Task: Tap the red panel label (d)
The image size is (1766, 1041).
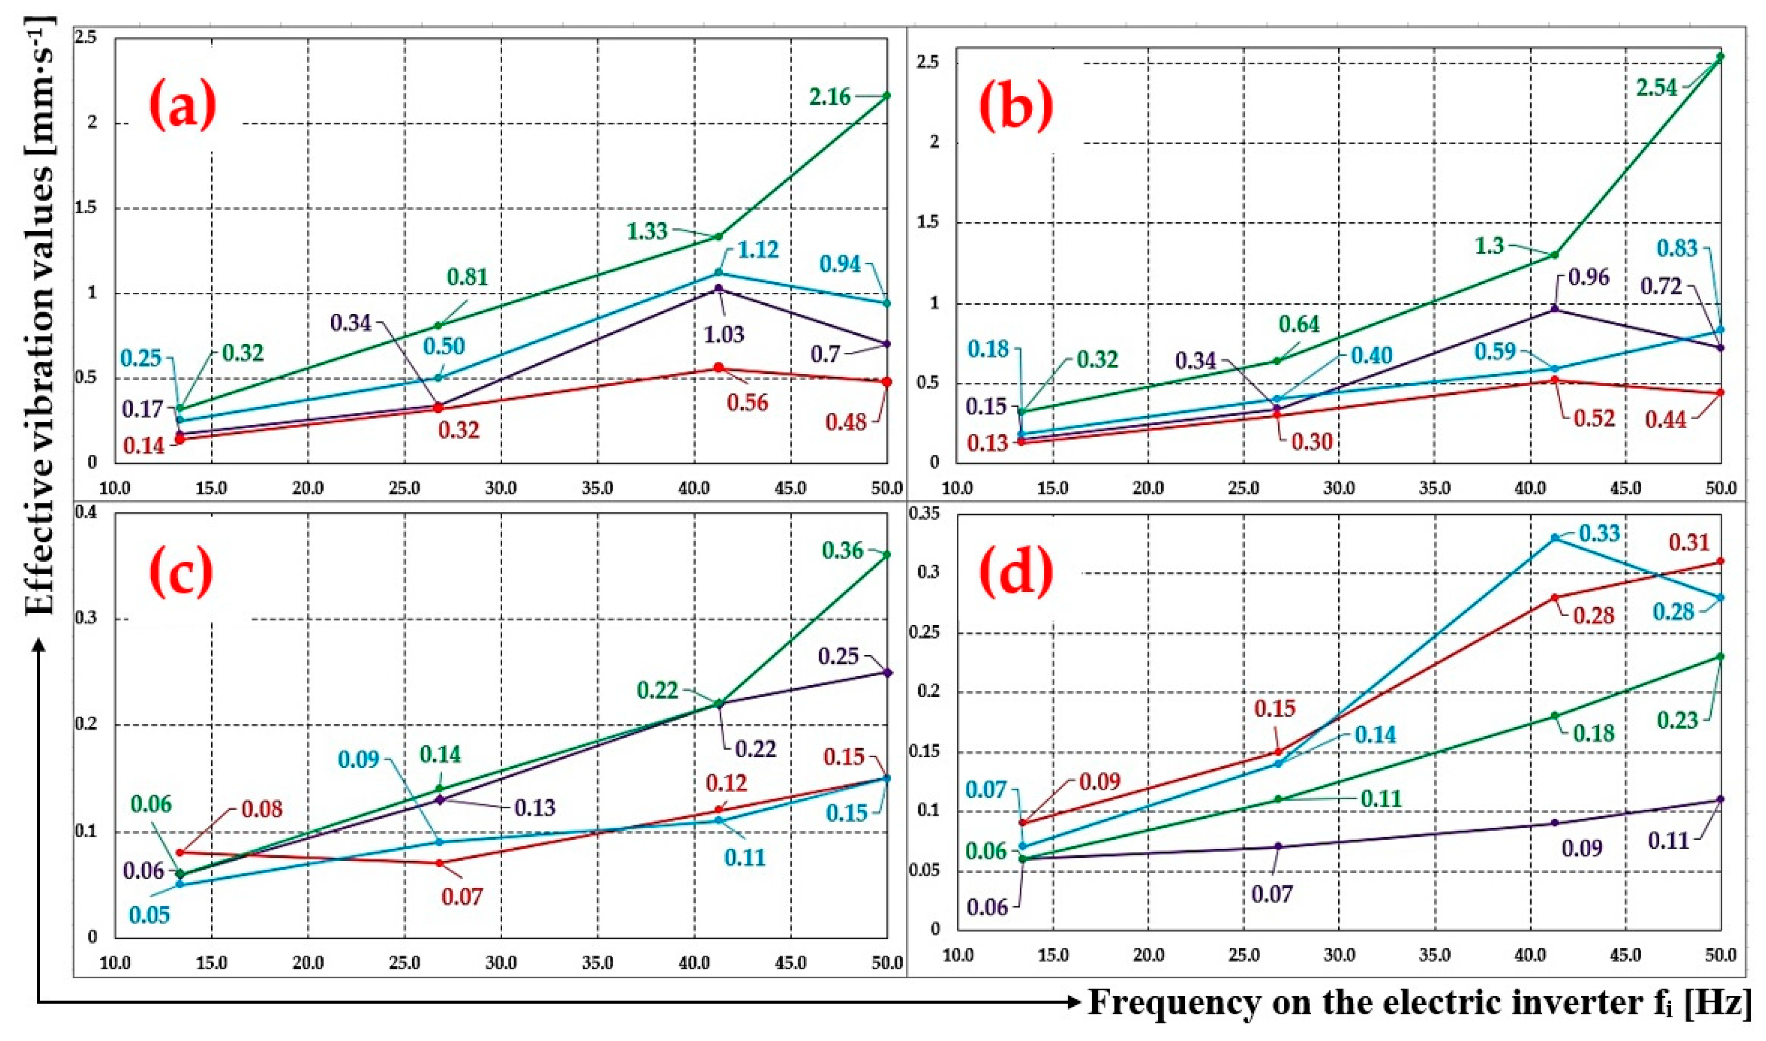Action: [x=1016, y=571]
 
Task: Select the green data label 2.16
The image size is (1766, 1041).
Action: [x=830, y=96]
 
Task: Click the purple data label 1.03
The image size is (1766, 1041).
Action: [x=723, y=334]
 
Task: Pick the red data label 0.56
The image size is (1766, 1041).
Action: [x=747, y=403]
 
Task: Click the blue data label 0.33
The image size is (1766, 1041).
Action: [x=1599, y=534]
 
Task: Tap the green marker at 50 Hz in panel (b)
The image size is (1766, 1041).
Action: [x=1720, y=56]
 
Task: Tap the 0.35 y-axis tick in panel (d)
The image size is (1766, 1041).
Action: [x=923, y=513]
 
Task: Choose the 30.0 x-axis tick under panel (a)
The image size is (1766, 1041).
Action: [x=501, y=488]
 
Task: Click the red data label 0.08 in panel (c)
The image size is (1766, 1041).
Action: [x=262, y=809]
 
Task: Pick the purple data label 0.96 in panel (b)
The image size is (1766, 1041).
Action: [x=1589, y=277]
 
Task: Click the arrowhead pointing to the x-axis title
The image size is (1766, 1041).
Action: [x=1073, y=1003]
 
